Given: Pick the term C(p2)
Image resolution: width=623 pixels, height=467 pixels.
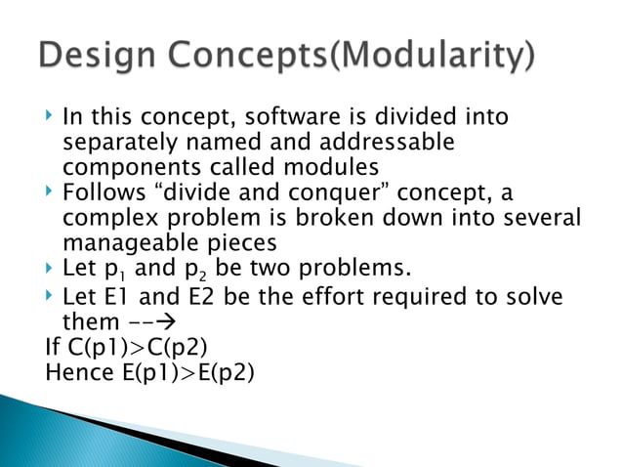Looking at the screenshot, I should (x=182, y=346).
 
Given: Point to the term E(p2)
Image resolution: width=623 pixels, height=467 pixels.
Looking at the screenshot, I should (x=219, y=370).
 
